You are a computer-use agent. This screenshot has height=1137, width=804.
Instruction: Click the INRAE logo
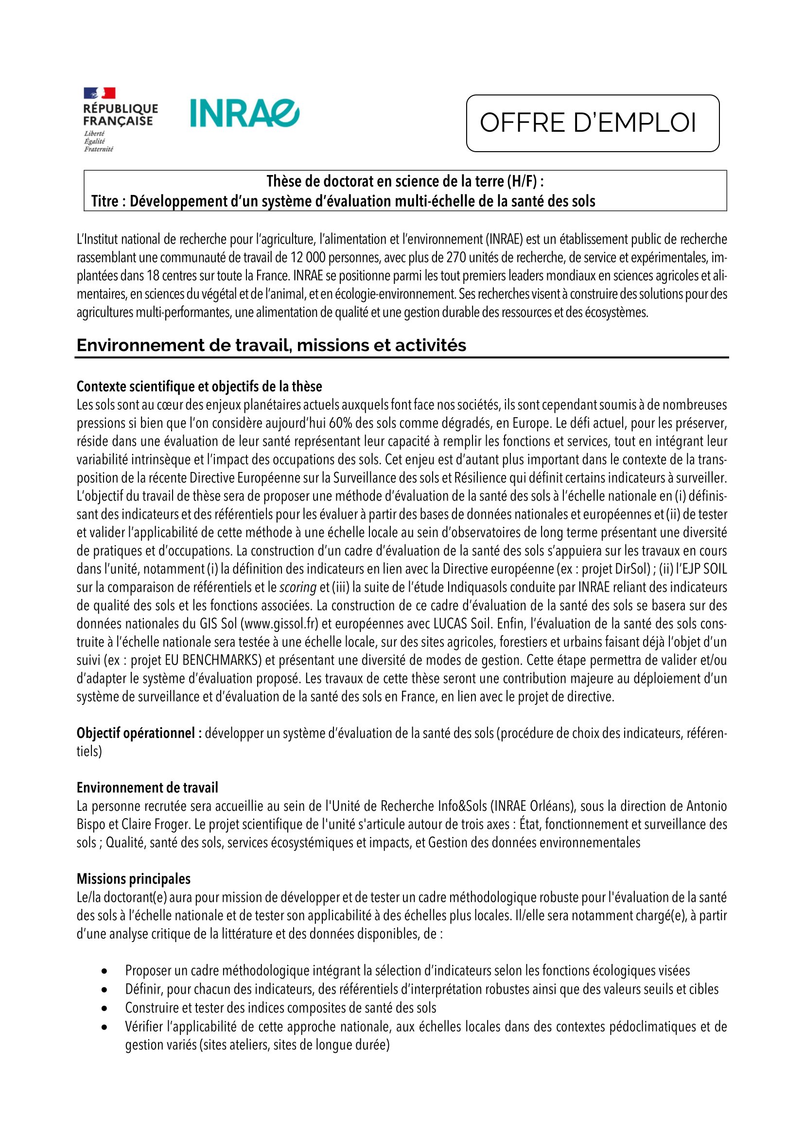point(245,113)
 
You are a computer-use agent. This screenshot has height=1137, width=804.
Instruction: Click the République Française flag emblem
point(100,93)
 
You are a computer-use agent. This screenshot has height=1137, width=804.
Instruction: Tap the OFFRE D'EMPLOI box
point(592,123)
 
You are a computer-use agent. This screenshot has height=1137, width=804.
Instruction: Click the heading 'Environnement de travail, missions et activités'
point(271,345)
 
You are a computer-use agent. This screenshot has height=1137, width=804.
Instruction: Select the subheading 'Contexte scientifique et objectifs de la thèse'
point(199,386)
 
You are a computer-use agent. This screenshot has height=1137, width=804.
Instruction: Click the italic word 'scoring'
point(298,587)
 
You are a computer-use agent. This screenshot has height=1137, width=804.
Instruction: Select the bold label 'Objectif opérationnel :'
point(139,733)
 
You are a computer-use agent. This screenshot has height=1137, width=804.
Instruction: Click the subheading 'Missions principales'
point(134,879)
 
